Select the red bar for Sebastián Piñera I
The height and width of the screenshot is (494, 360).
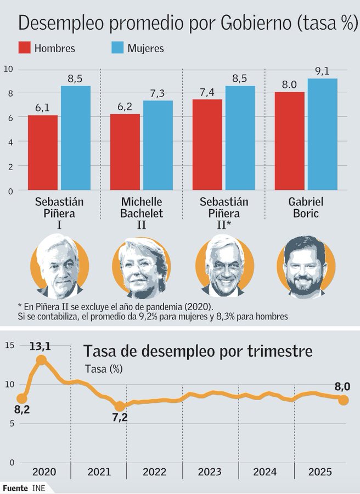point(43,153)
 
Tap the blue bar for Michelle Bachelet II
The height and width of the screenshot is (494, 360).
point(157,145)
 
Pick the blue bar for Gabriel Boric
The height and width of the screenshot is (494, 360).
point(322,134)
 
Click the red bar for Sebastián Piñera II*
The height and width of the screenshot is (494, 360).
point(207,145)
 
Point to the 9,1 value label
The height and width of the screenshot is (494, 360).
point(322,71)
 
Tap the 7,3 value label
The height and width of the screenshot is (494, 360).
point(157,93)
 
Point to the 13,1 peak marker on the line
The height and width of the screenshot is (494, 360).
point(41,360)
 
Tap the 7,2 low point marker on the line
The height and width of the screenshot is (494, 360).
point(120,406)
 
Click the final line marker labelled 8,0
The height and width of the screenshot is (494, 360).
point(344,400)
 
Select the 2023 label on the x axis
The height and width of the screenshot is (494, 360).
point(210,471)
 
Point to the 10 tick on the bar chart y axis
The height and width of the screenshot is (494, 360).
point(8,69)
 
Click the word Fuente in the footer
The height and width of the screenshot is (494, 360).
point(15,487)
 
